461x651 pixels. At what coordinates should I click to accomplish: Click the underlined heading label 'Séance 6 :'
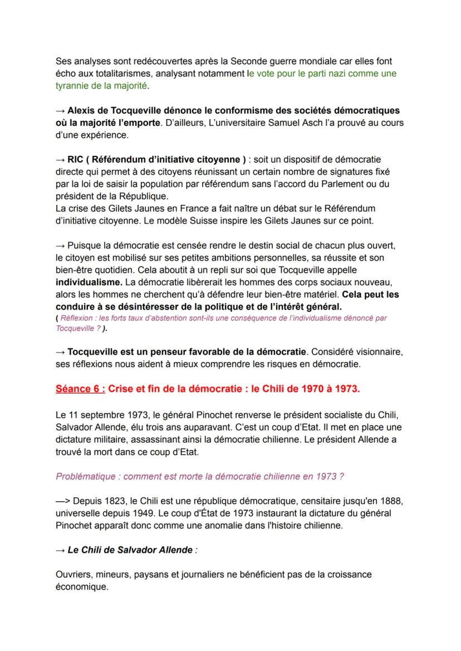point(79,389)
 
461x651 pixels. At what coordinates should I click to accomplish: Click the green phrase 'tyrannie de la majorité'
point(102,85)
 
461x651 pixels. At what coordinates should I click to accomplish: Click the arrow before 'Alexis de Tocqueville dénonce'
point(60,111)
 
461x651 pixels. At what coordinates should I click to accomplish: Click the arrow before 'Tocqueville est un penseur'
point(60,353)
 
